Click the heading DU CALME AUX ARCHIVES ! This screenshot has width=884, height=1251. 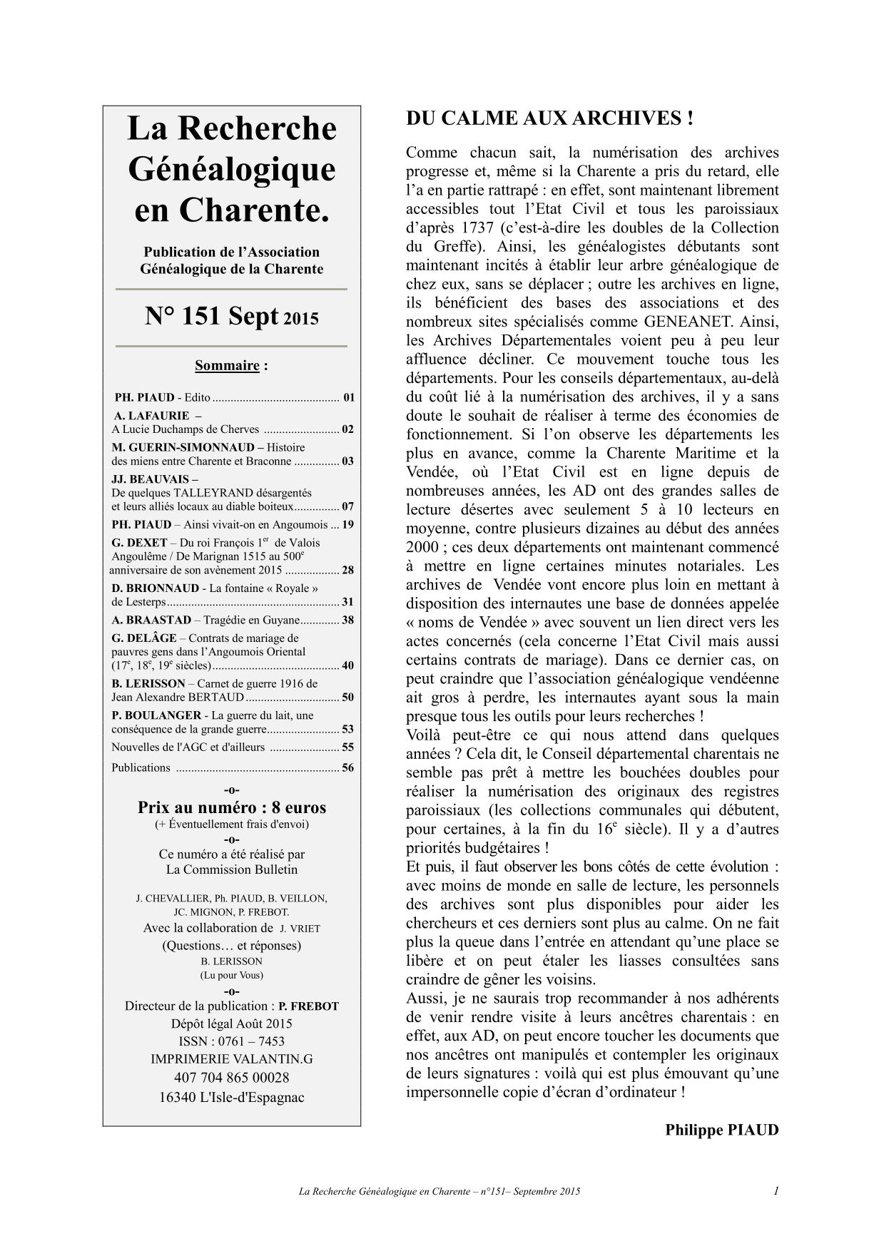click(549, 118)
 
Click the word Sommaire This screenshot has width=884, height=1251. click(227, 366)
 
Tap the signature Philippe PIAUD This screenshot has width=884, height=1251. click(721, 1130)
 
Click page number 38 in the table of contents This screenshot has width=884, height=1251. click(347, 621)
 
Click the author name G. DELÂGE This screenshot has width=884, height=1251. click(144, 638)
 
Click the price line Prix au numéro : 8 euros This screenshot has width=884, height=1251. click(232, 808)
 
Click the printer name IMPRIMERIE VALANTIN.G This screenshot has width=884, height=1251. click(232, 1059)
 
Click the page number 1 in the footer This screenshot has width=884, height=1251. click(776, 1191)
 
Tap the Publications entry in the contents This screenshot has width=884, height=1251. click(141, 768)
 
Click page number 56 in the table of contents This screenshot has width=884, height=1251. click(347, 768)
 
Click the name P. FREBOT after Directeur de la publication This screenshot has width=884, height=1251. click(308, 1006)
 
